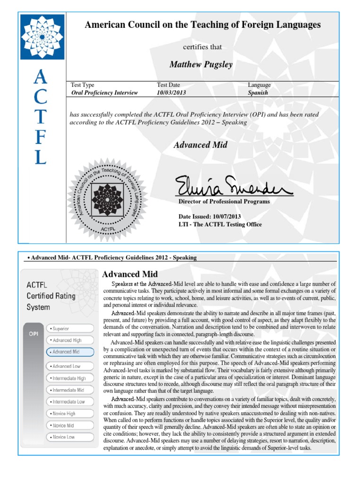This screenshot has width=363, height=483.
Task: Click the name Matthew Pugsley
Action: click(x=201, y=65)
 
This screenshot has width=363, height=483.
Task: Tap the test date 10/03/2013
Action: click(x=171, y=93)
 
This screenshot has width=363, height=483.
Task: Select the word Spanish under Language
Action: click(x=258, y=93)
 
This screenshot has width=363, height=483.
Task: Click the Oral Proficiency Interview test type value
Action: click(x=104, y=93)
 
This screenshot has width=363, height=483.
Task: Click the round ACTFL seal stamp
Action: click(x=108, y=198)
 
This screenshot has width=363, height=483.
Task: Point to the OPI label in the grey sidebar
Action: click(x=33, y=333)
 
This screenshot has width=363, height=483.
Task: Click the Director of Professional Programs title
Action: click(x=224, y=201)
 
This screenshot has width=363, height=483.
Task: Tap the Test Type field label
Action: click(x=82, y=85)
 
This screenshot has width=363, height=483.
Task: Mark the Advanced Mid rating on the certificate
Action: click(x=200, y=145)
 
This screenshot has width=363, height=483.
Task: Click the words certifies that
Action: click(x=202, y=47)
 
